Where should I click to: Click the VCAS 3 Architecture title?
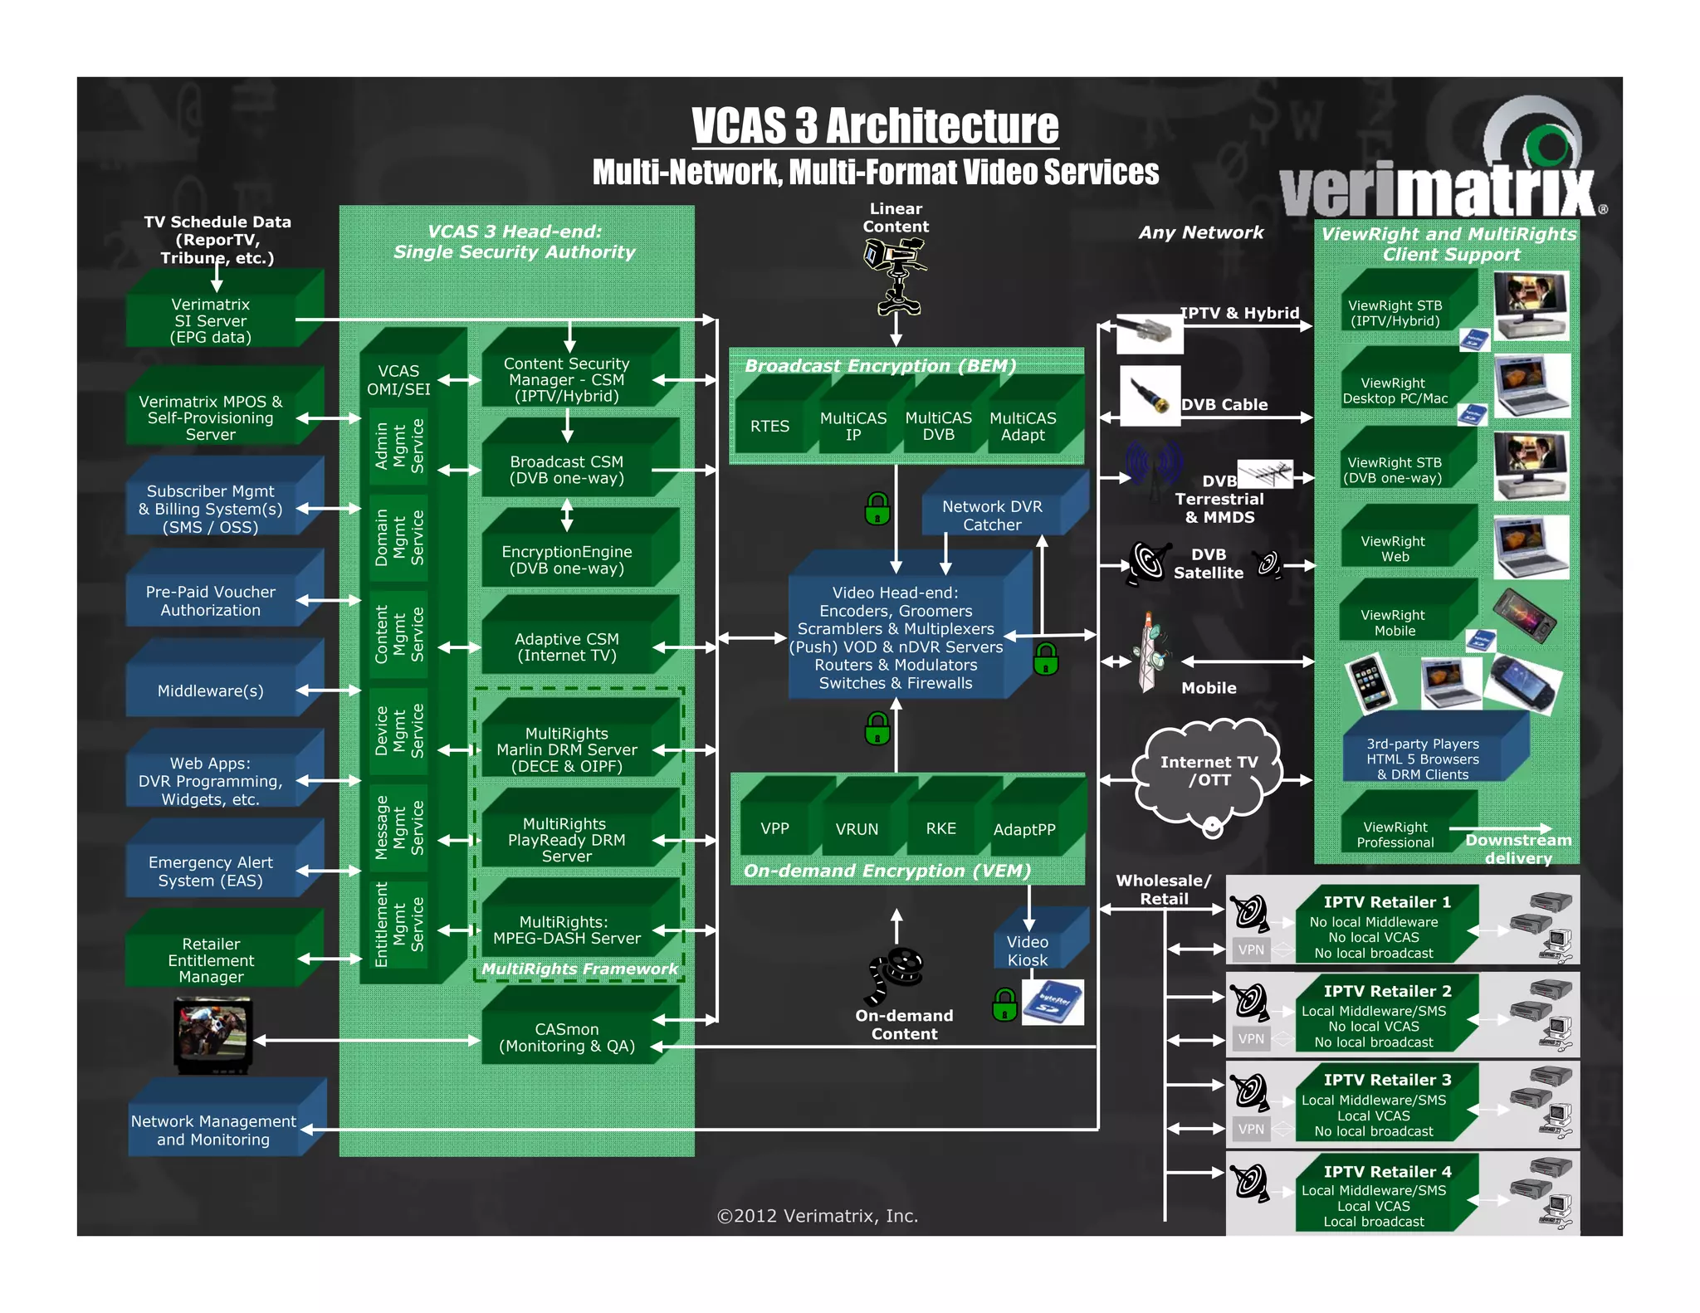pos(875,126)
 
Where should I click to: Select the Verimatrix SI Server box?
pos(211,320)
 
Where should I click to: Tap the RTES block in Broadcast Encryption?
pos(769,426)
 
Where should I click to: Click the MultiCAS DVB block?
pos(938,426)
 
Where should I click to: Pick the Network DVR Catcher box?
pos(992,515)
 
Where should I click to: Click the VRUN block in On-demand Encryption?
pos(857,828)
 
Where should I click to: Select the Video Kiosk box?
pos(1028,950)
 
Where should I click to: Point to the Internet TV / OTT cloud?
pos(1208,772)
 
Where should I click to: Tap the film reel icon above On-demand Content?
pos(896,971)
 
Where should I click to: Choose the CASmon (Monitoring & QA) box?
pos(567,1037)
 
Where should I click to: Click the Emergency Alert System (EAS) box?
pos(211,871)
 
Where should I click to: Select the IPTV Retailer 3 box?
pos(1386,1105)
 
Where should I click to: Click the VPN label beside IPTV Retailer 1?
pos(1251,949)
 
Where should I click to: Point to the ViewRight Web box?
pos(1395,548)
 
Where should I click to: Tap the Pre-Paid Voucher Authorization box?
pos(211,600)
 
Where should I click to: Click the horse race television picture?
pos(212,1033)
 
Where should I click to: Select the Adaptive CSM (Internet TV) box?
pos(567,647)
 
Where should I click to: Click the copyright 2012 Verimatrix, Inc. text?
pos(818,1216)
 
